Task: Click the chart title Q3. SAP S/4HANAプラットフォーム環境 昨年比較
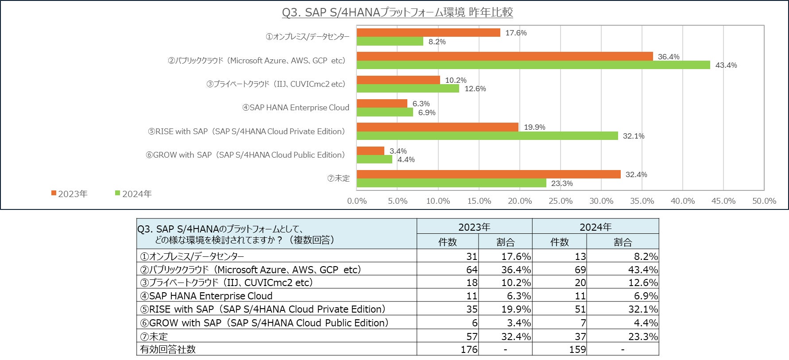pyautogui.click(x=397, y=12)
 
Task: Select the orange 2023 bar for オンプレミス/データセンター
pyautogui.click(x=428, y=32)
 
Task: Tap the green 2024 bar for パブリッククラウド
pyautogui.click(x=533, y=65)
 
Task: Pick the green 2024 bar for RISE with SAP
pyautogui.click(x=487, y=136)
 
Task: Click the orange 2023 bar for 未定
pyautogui.click(x=488, y=174)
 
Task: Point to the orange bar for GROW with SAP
pyautogui.click(x=370, y=151)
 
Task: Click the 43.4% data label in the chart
pyautogui.click(x=726, y=65)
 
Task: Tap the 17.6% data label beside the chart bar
pyautogui.click(x=516, y=33)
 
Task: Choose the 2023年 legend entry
pyautogui.click(x=70, y=194)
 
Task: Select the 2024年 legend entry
pyautogui.click(x=134, y=194)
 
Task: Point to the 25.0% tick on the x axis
pyautogui.click(x=561, y=201)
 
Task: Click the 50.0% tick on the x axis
pyautogui.click(x=764, y=201)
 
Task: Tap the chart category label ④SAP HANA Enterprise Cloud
pyautogui.click(x=296, y=108)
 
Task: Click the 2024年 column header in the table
pyautogui.click(x=596, y=227)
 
